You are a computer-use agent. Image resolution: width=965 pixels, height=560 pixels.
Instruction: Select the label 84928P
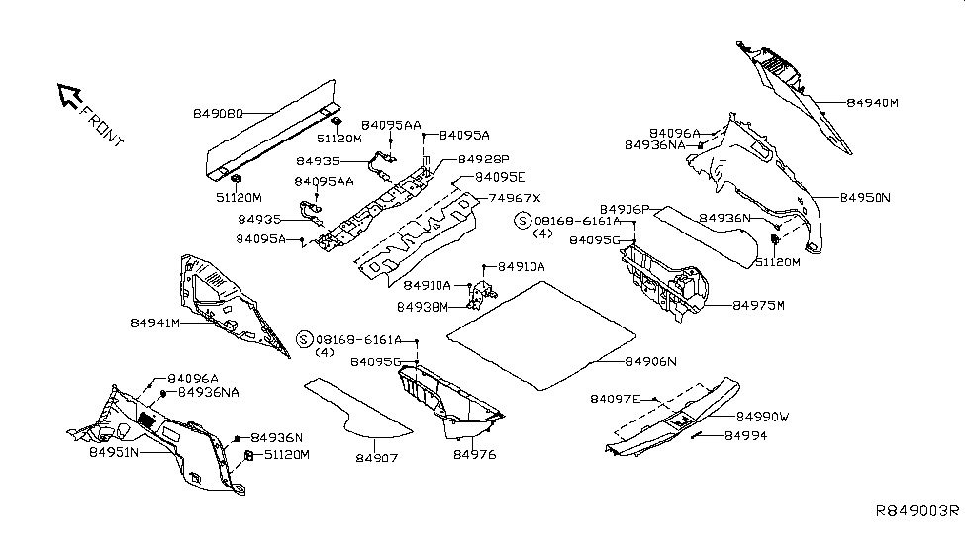pyautogui.click(x=484, y=159)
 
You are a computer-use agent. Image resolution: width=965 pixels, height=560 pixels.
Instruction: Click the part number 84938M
pyautogui.click(x=423, y=307)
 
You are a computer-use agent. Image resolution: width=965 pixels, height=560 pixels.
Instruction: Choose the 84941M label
pyautogui.click(x=154, y=323)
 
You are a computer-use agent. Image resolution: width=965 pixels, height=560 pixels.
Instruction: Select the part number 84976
pyautogui.click(x=474, y=455)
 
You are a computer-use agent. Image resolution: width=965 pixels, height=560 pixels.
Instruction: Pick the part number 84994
pyautogui.click(x=748, y=434)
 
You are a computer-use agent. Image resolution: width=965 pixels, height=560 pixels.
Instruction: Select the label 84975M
pyautogui.click(x=758, y=306)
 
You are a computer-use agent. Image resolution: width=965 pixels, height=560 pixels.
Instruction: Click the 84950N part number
pyautogui.click(x=865, y=197)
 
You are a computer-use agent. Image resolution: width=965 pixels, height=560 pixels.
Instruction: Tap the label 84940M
pyautogui.click(x=872, y=102)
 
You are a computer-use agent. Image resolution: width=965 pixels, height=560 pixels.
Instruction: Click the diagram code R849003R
pyautogui.click(x=917, y=511)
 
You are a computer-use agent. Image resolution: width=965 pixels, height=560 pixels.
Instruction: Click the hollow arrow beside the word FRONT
pyautogui.click(x=70, y=96)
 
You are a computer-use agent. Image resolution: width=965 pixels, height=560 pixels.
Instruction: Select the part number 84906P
pyautogui.click(x=623, y=209)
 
